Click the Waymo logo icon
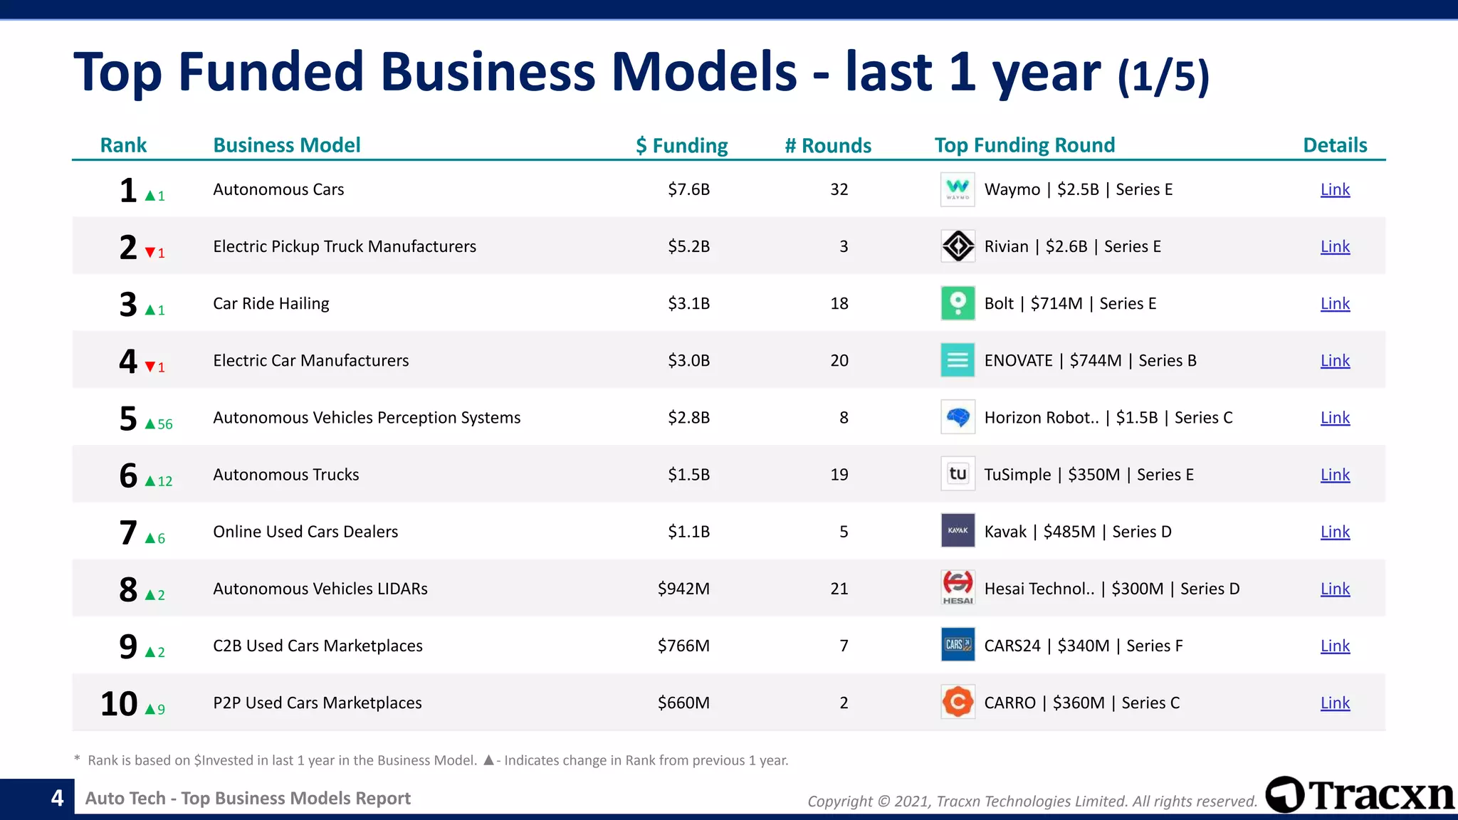958,189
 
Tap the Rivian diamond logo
958,246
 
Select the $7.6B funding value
688,189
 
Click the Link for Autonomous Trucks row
1335,475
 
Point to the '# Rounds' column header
828,145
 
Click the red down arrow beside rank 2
150,253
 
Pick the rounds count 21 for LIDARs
839,589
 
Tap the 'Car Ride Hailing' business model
271,303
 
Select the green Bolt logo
958,303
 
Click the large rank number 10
119,703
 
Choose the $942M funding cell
683,589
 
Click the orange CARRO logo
958,703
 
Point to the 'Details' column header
1335,145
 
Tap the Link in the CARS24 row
1335,646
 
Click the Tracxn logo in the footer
1360,795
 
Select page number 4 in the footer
57,798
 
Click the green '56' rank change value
165,424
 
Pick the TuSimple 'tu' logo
958,474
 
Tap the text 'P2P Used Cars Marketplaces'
318,703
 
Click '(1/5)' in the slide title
1163,76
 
